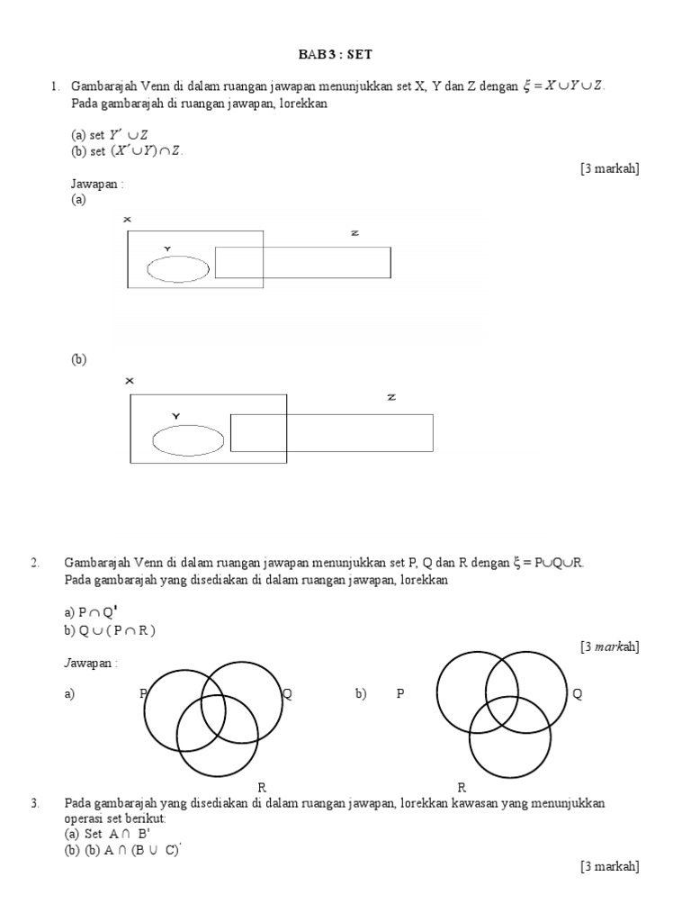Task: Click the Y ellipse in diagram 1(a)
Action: (x=178, y=268)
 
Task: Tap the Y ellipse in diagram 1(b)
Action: (x=188, y=440)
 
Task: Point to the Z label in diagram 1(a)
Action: (x=354, y=233)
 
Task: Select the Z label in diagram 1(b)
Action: (x=391, y=397)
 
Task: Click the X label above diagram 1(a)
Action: (x=128, y=220)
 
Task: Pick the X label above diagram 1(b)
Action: (x=130, y=381)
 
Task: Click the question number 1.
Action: (x=55, y=86)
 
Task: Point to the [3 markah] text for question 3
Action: (x=610, y=866)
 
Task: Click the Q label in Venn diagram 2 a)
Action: (x=287, y=693)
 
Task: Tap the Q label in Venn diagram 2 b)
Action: (x=577, y=694)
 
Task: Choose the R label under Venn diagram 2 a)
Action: (x=262, y=788)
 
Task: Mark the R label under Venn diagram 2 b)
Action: (x=461, y=788)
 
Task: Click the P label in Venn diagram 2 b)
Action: (x=400, y=694)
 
